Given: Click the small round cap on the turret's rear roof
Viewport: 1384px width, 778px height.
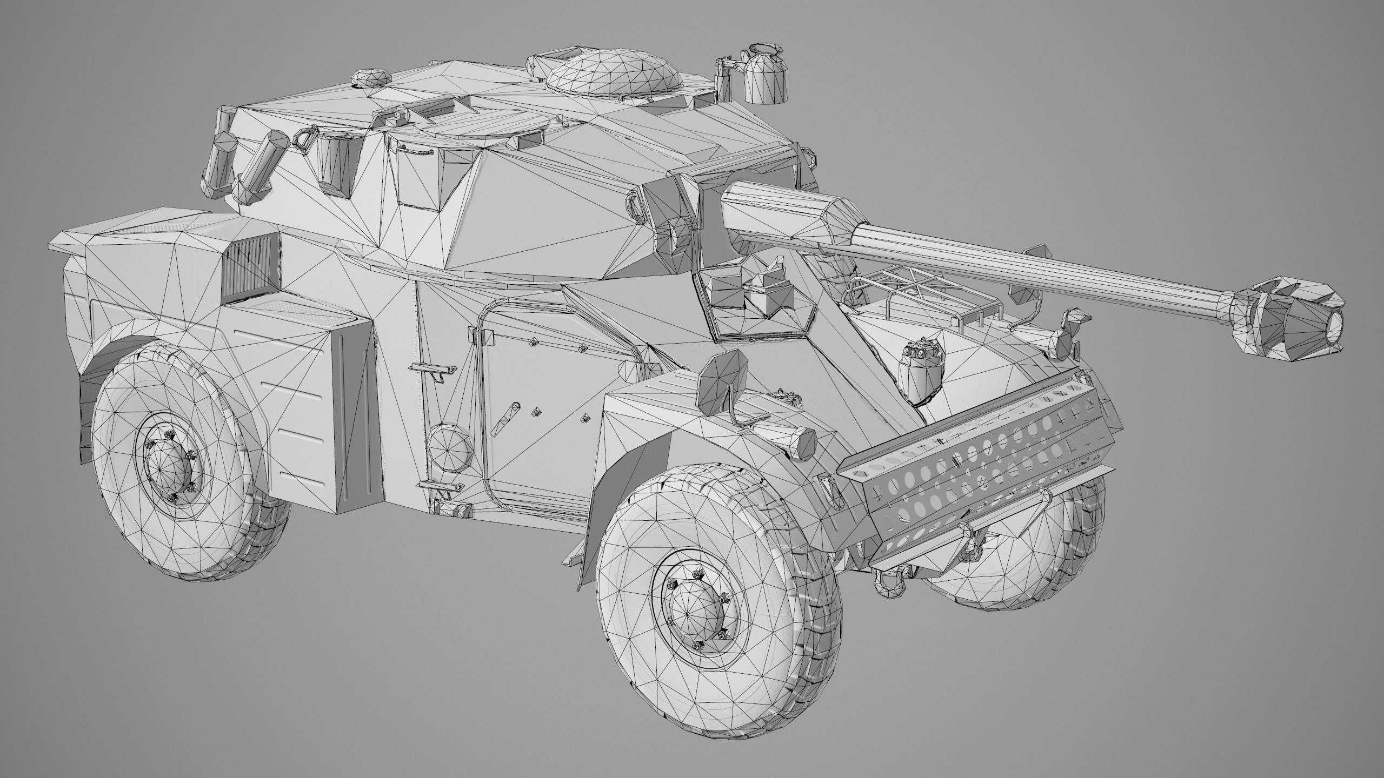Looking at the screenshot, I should coord(371,77).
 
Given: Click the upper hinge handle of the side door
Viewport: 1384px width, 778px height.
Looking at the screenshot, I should coord(433,370).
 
